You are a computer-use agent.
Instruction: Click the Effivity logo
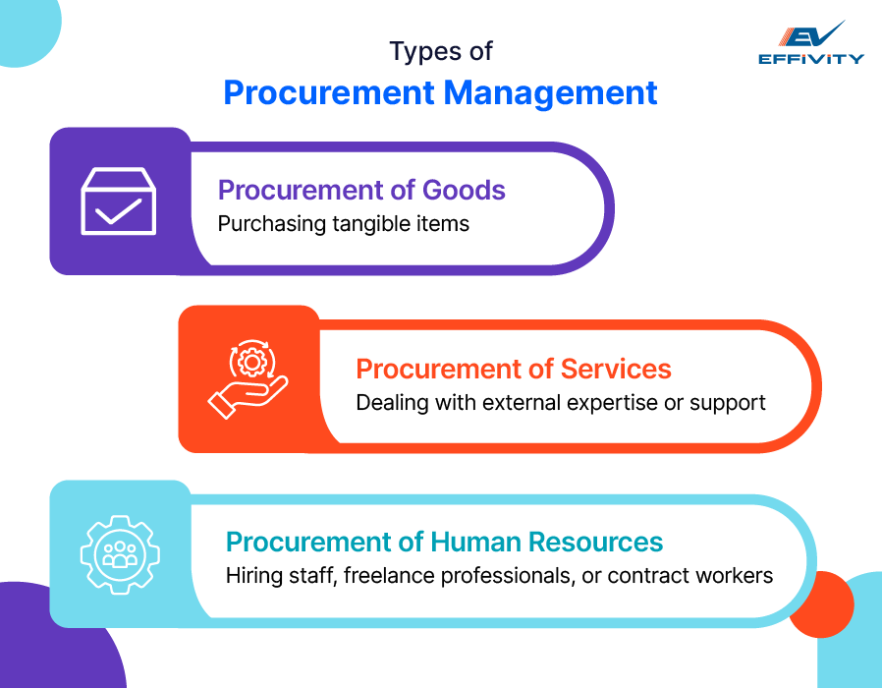(x=810, y=43)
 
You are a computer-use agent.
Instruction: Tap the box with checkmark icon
(x=118, y=201)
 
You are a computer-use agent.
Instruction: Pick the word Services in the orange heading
(x=616, y=369)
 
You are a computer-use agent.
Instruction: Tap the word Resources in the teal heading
(x=596, y=542)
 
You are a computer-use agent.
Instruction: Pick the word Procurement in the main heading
(x=329, y=92)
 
